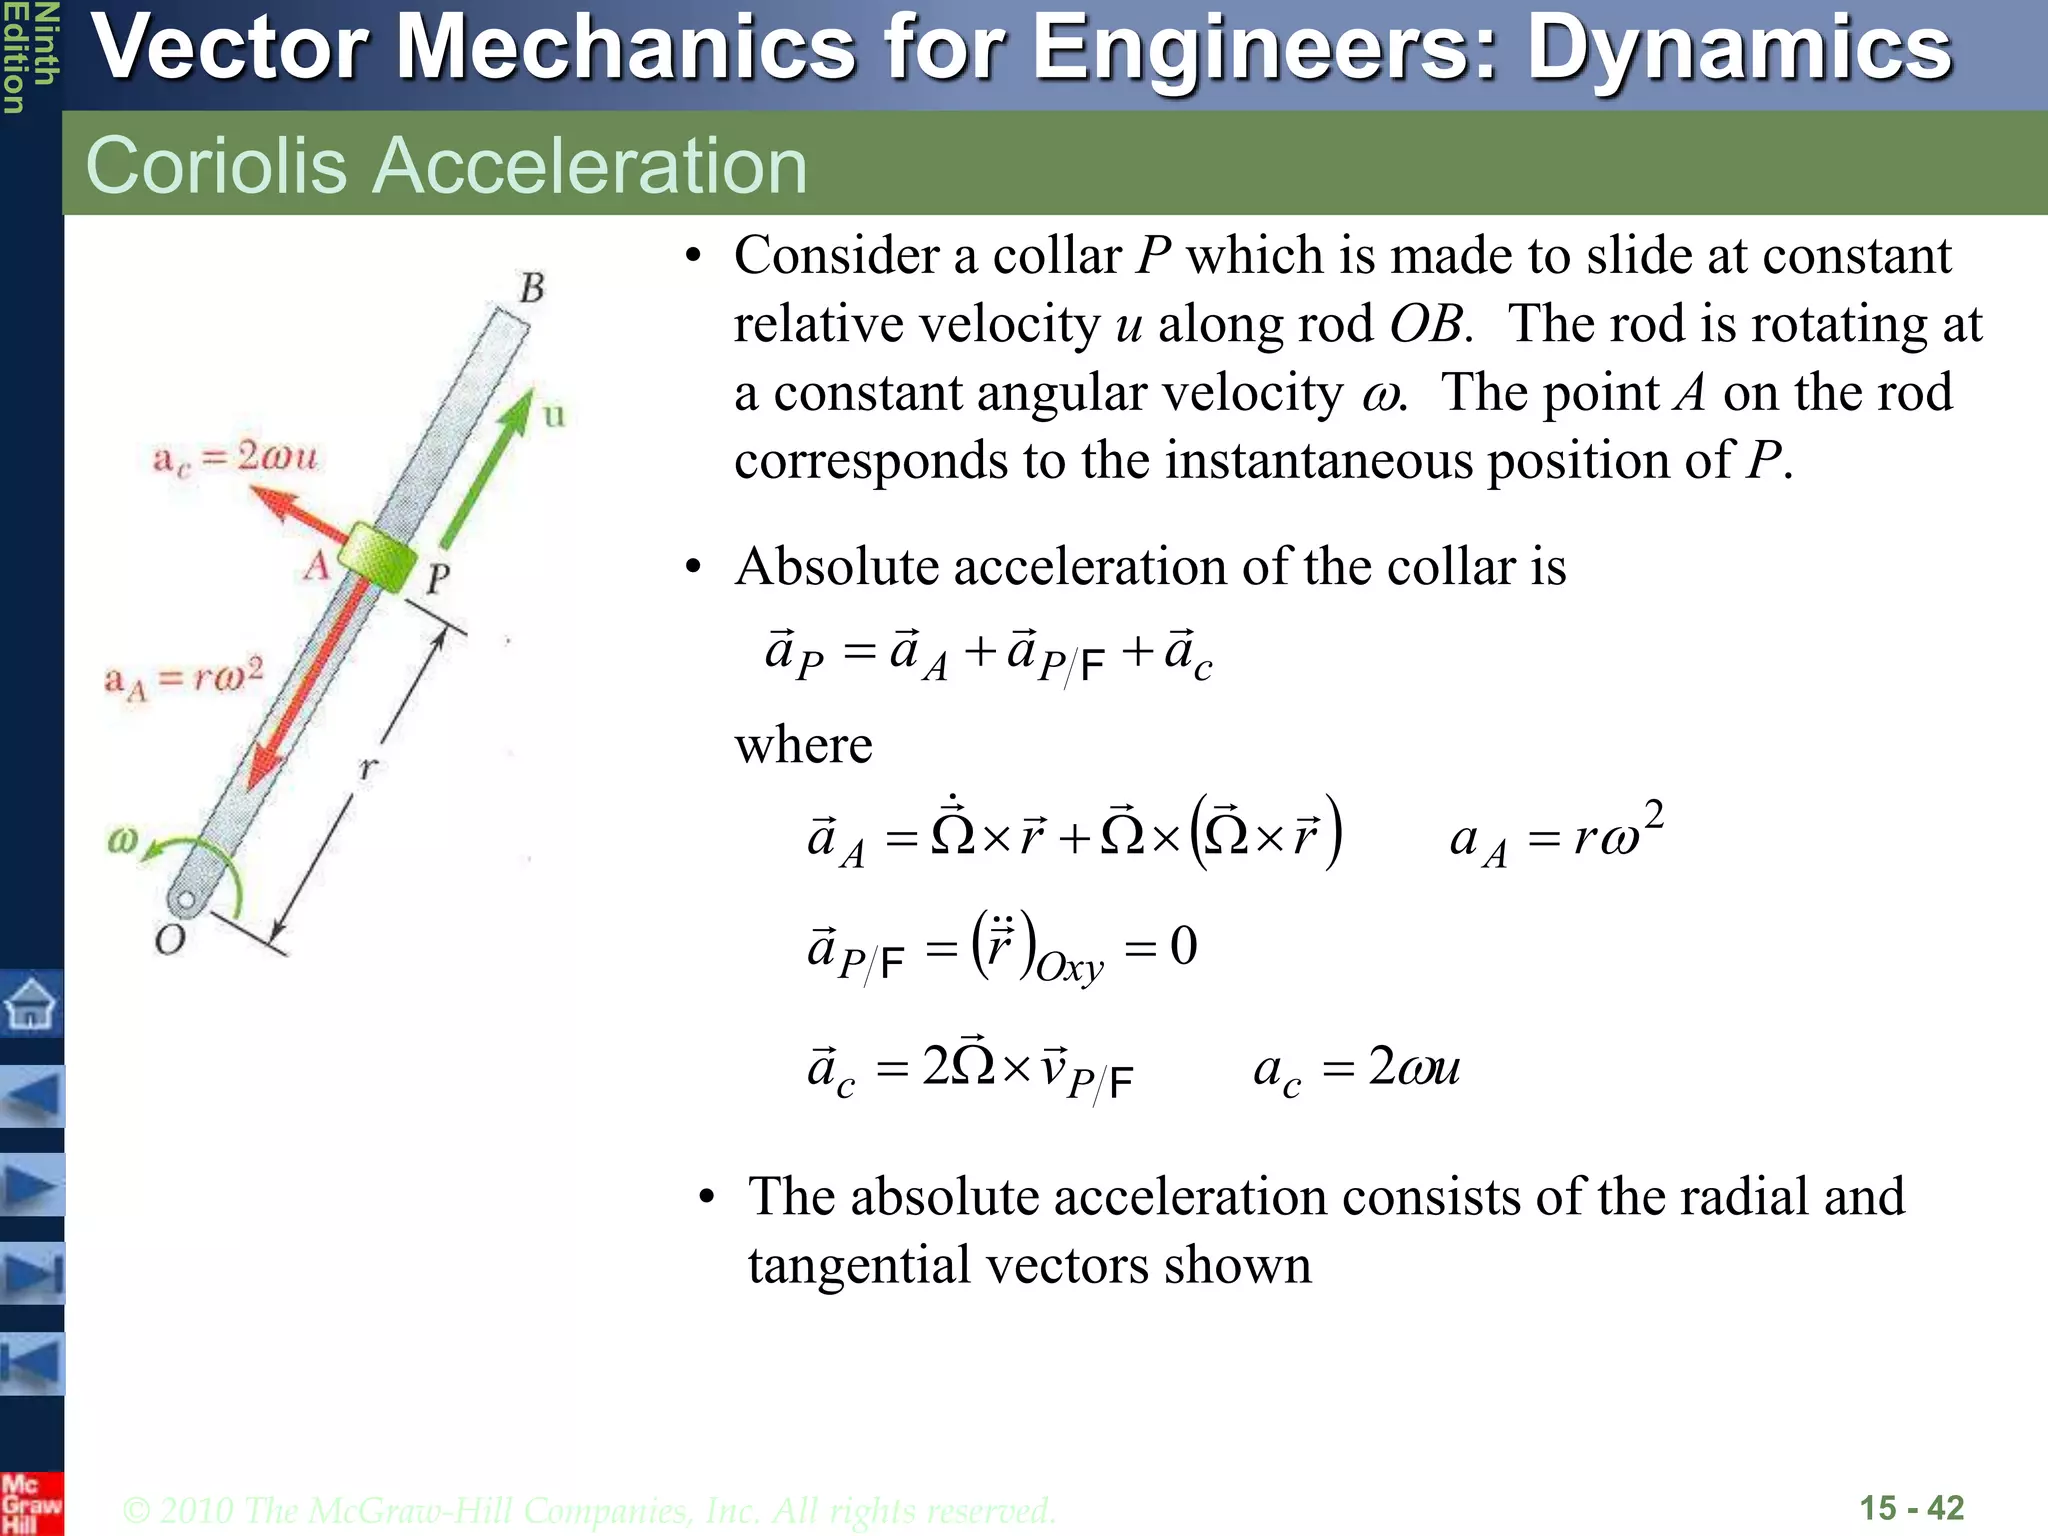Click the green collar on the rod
click(376, 556)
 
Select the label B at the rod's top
click(532, 288)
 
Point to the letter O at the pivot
click(170, 940)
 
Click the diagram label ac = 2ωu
click(234, 459)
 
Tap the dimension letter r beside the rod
click(369, 768)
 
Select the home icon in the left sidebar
click(31, 1002)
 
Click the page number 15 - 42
click(1911, 1508)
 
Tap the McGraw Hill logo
click(30, 1504)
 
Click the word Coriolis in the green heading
click(216, 165)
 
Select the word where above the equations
click(803, 745)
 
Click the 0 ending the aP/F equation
click(1183, 946)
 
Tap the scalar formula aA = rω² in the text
click(1556, 834)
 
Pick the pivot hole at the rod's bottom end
click(185, 900)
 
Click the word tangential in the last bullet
click(860, 1265)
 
